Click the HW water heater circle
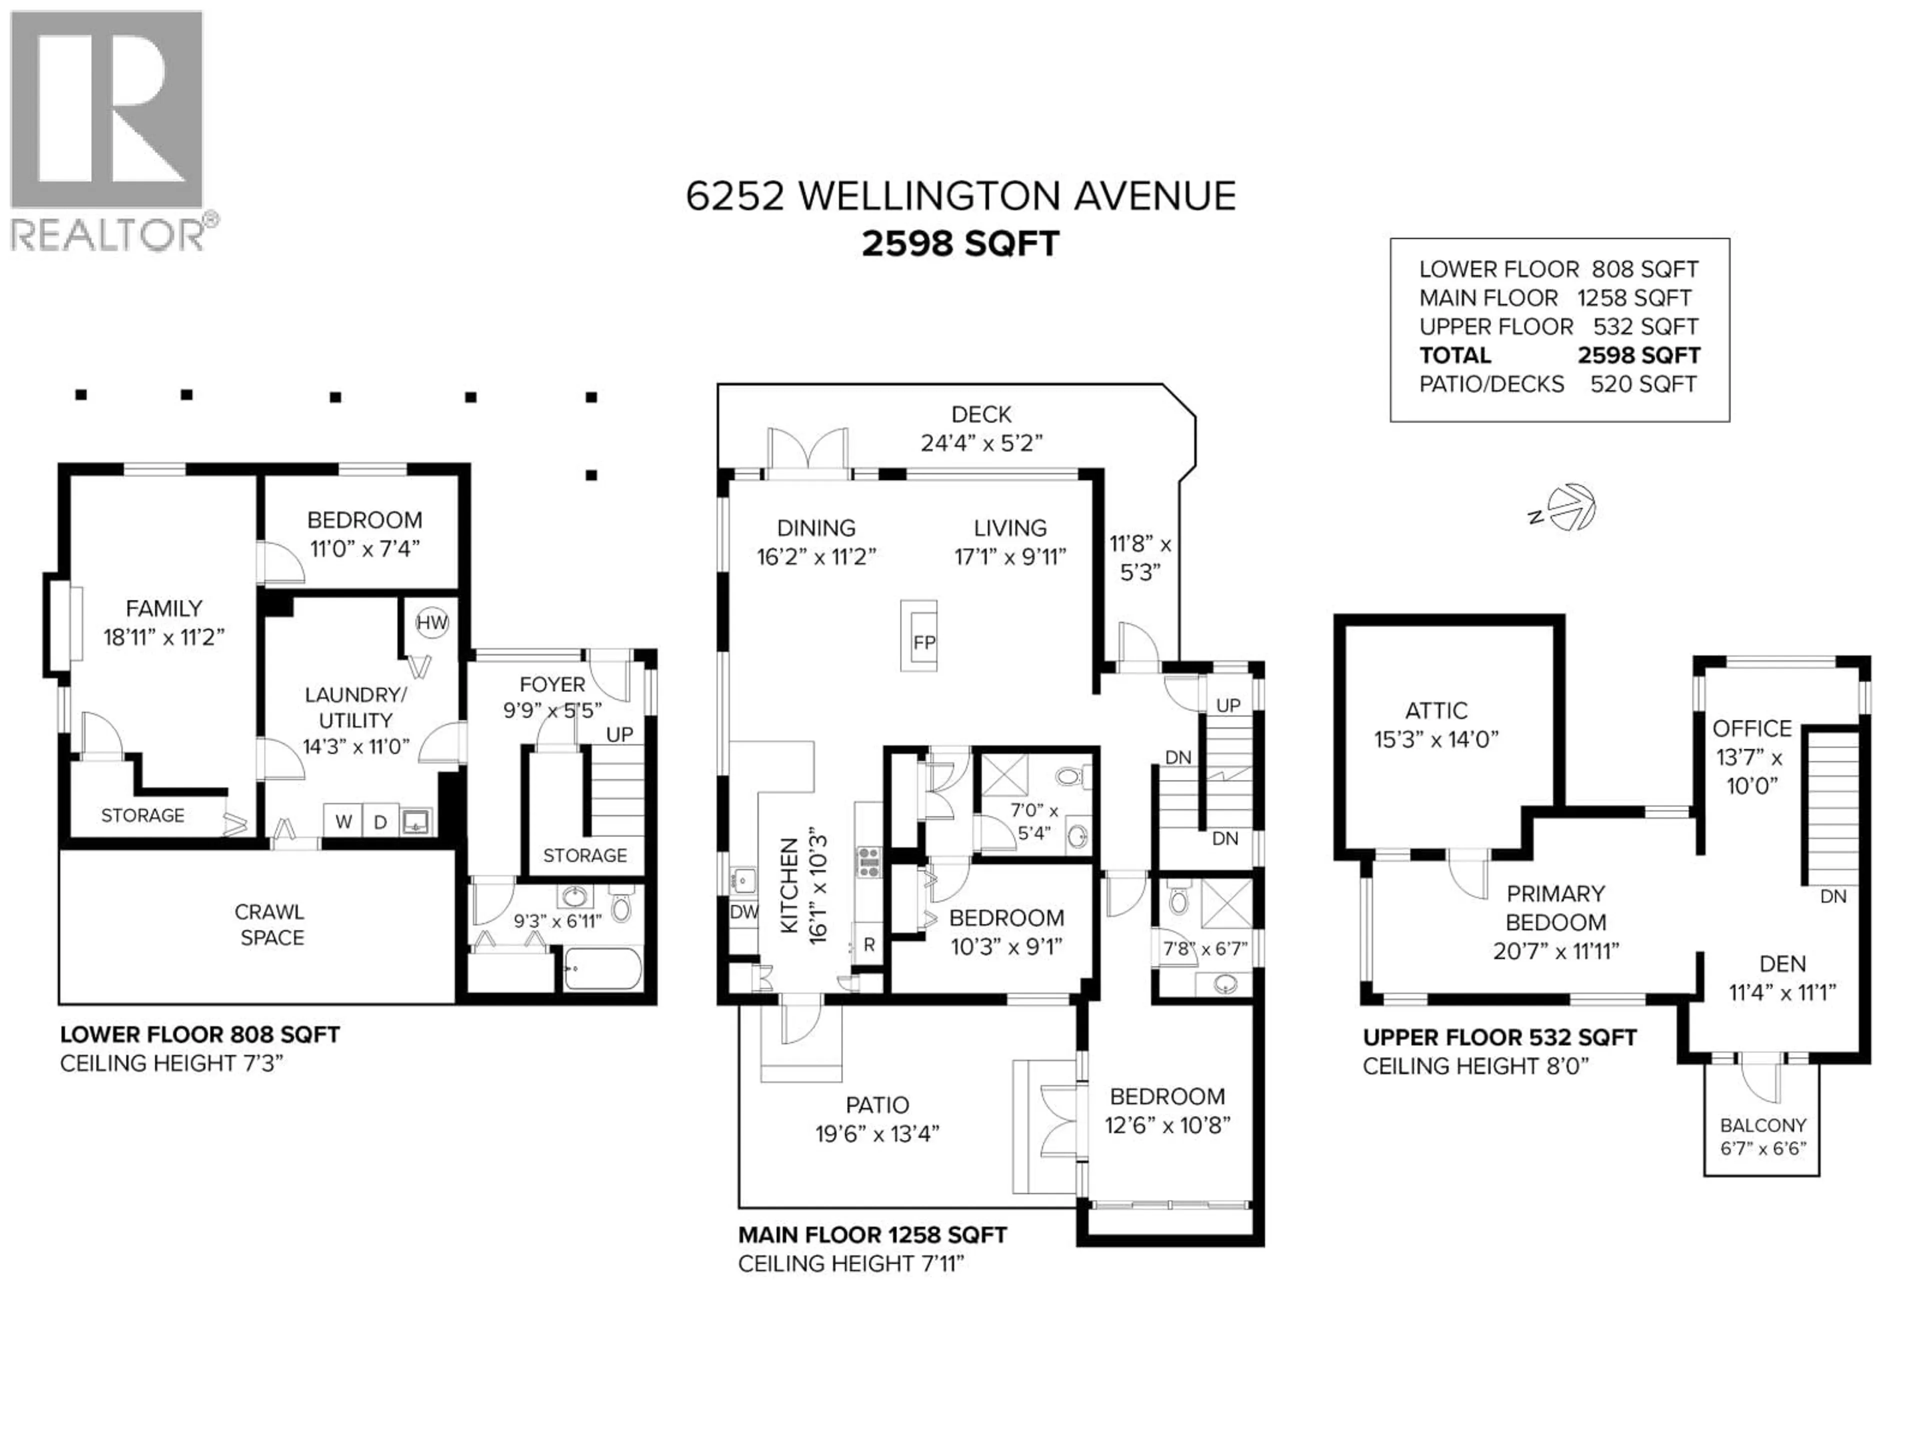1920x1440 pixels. [431, 622]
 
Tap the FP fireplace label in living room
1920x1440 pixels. [923, 642]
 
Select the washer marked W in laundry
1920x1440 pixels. [343, 821]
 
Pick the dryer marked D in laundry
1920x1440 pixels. [380, 821]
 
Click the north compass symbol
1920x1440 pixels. [1570, 508]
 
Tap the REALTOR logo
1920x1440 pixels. [108, 130]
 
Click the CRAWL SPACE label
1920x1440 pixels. [271, 924]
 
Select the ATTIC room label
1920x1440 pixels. [1436, 711]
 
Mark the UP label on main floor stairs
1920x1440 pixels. [1227, 705]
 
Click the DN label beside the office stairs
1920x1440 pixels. [1832, 896]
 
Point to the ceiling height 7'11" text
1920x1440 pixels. [850, 1264]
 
